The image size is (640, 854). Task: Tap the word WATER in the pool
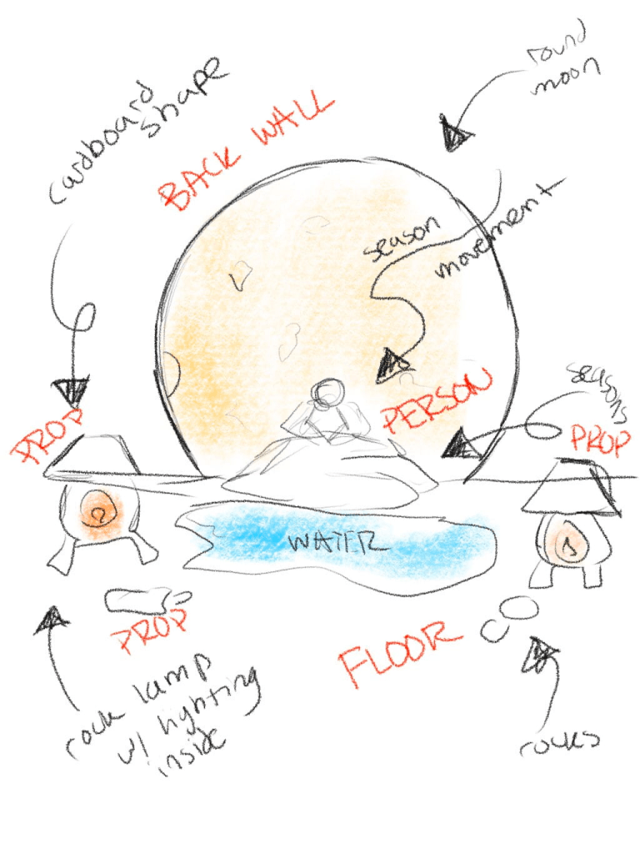coord(337,543)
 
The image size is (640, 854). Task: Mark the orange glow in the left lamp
coord(99,511)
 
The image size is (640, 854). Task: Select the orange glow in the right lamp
coord(569,545)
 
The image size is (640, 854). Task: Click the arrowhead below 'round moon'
coord(455,135)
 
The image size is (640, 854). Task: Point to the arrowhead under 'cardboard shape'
coord(71,392)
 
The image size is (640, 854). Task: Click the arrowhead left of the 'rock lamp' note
coord(52,620)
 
